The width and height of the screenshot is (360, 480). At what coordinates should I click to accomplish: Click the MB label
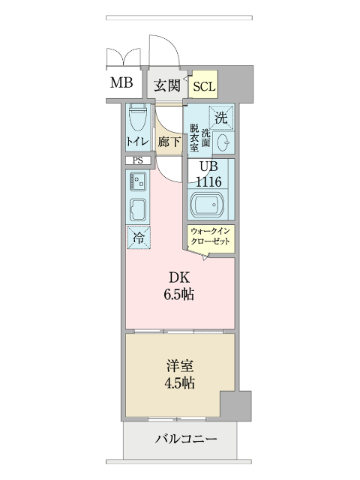tap(121, 83)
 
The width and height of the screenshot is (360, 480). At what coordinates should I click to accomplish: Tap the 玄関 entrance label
tap(166, 85)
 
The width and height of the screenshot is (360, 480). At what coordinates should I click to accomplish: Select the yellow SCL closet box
tap(204, 86)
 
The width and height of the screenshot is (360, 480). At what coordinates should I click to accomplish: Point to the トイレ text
tap(137, 141)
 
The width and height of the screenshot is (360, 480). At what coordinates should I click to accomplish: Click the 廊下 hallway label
tap(169, 141)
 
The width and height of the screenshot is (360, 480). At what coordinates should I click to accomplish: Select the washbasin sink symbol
tap(223, 142)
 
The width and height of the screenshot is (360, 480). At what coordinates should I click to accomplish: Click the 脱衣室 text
tap(193, 137)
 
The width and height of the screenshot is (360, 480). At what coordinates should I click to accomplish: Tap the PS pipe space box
tap(138, 160)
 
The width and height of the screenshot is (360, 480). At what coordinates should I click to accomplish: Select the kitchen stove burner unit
tap(138, 181)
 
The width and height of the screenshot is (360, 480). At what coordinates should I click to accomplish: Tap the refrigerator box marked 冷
tap(138, 237)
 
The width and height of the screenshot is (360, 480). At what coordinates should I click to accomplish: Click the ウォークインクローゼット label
tap(211, 238)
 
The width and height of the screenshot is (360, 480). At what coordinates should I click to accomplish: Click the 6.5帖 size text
tap(179, 295)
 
